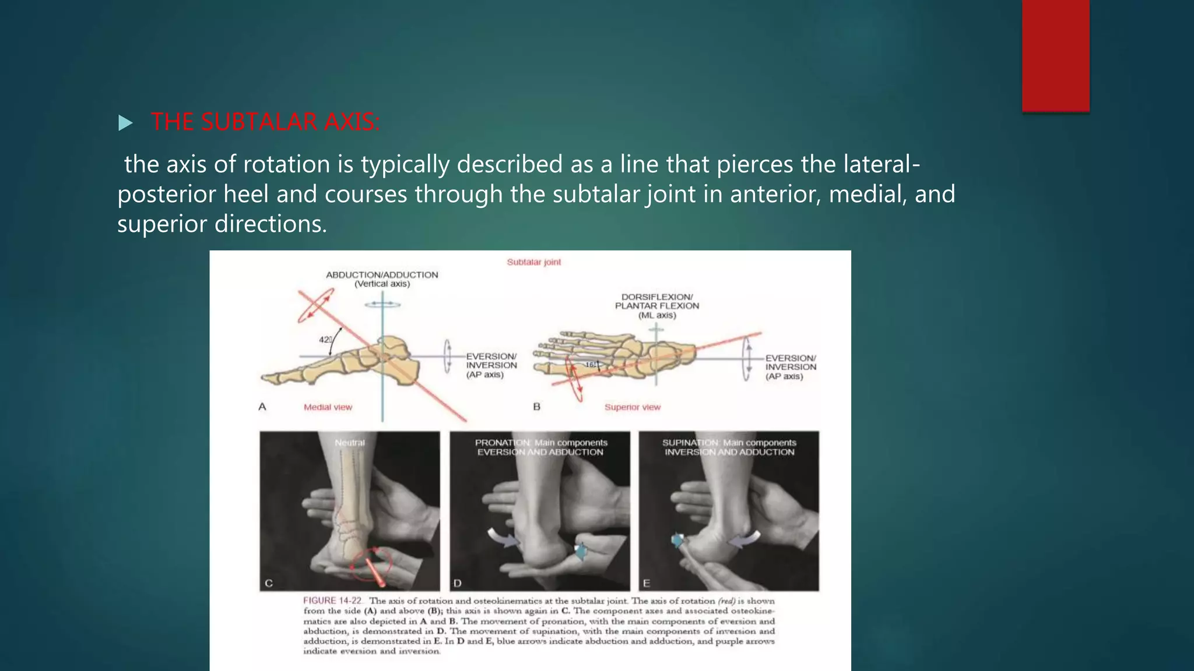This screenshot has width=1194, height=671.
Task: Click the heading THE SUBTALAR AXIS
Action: pos(265,122)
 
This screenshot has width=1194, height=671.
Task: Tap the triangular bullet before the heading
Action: pos(125,123)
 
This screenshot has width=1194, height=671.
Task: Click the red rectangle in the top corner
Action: pos(1055,55)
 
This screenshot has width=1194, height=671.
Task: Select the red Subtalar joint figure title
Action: pos(533,262)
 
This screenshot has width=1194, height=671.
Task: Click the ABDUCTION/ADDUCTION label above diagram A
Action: pos(382,275)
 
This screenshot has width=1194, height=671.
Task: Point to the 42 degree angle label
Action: pos(325,340)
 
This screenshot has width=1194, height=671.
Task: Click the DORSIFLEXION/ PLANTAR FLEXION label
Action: pos(656,301)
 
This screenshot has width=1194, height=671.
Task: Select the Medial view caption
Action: pos(328,407)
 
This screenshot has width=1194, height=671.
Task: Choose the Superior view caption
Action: pos(632,407)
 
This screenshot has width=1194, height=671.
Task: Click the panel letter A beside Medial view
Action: pos(262,407)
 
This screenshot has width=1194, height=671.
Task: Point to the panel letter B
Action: pos(536,407)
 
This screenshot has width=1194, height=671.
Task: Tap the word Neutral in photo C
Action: pos(350,443)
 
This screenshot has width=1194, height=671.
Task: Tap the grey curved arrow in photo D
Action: pos(503,537)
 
